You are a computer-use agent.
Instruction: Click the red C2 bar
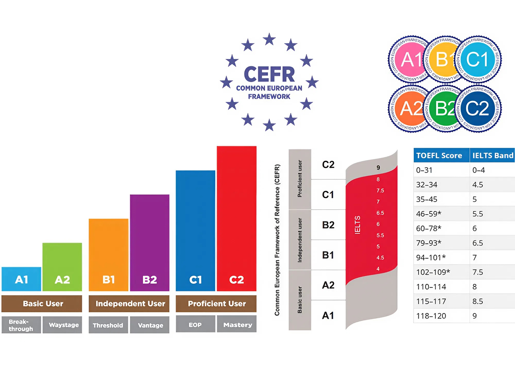[237, 218]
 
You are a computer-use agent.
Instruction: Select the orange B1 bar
[109, 254]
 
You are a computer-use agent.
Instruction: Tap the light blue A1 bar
[21, 279]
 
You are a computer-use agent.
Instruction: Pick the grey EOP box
[195, 325]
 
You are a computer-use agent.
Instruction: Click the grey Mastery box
[237, 325]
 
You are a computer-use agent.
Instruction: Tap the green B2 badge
[441, 109]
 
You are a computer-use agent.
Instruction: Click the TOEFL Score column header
[439, 155]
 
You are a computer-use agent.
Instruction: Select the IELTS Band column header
[492, 155]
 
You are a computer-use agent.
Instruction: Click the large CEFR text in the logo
[269, 74]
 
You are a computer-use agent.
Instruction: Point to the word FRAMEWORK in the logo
[269, 97]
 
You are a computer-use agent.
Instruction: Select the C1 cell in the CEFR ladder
[328, 195]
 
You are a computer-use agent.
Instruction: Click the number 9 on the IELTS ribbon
[378, 168]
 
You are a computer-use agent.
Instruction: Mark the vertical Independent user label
[300, 240]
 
